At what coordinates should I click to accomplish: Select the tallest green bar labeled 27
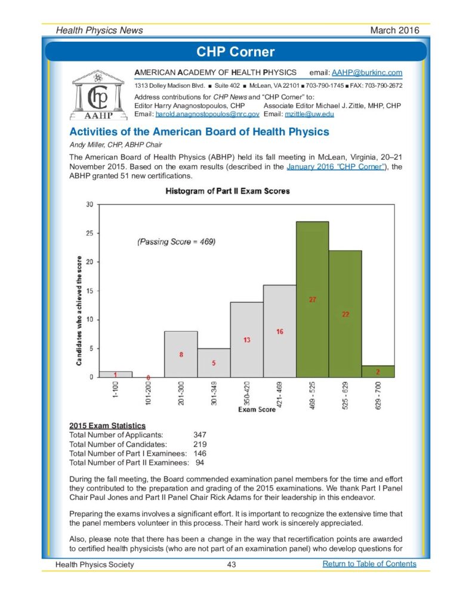point(312,299)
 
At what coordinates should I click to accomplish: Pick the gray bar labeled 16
point(279,331)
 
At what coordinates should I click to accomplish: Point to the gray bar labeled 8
point(181,354)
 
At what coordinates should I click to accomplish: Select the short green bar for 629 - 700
point(378,371)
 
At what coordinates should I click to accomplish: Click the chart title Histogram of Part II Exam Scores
point(227,191)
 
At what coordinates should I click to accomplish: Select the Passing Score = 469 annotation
point(176,242)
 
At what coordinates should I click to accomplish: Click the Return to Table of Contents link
point(369,564)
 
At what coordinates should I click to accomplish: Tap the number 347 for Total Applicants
point(200,435)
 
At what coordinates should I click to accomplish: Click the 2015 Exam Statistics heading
point(107,425)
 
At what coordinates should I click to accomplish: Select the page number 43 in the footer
point(232,564)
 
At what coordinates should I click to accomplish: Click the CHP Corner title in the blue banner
point(236,51)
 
